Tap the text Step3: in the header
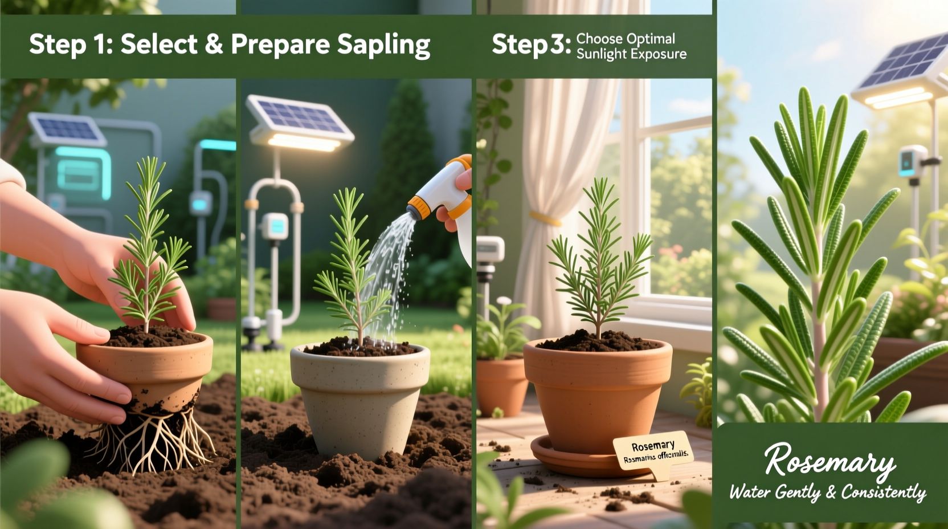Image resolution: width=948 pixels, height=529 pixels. pyautogui.click(x=531, y=45)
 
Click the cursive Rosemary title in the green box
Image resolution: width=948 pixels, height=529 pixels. pyautogui.click(x=829, y=460)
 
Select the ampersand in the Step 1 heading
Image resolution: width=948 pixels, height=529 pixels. pyautogui.click(x=214, y=44)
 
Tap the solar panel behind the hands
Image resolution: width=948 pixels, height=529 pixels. pyautogui.click(x=67, y=129)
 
